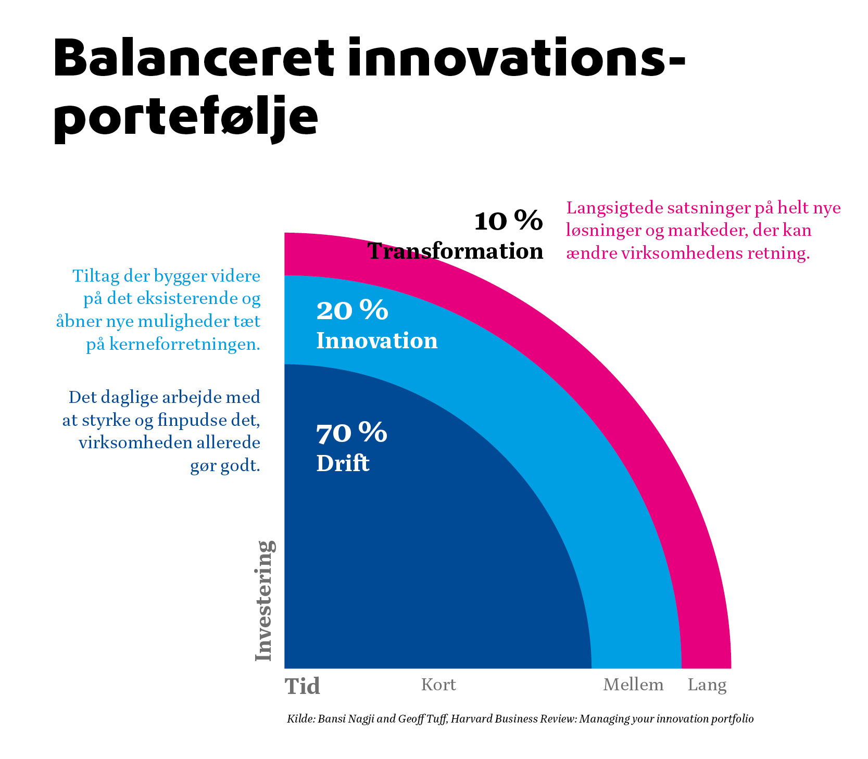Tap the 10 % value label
click(x=508, y=221)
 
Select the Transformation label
click(x=456, y=251)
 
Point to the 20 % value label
click(x=352, y=310)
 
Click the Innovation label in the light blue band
click(x=377, y=340)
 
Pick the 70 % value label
click(x=352, y=433)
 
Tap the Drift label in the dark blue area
click(x=343, y=463)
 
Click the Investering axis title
click(x=265, y=601)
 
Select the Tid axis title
click(x=303, y=686)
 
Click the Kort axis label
click(x=438, y=685)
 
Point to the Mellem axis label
click(x=633, y=685)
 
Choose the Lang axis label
click(x=707, y=685)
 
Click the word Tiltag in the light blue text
click(x=95, y=276)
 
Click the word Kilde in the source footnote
click(x=300, y=719)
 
